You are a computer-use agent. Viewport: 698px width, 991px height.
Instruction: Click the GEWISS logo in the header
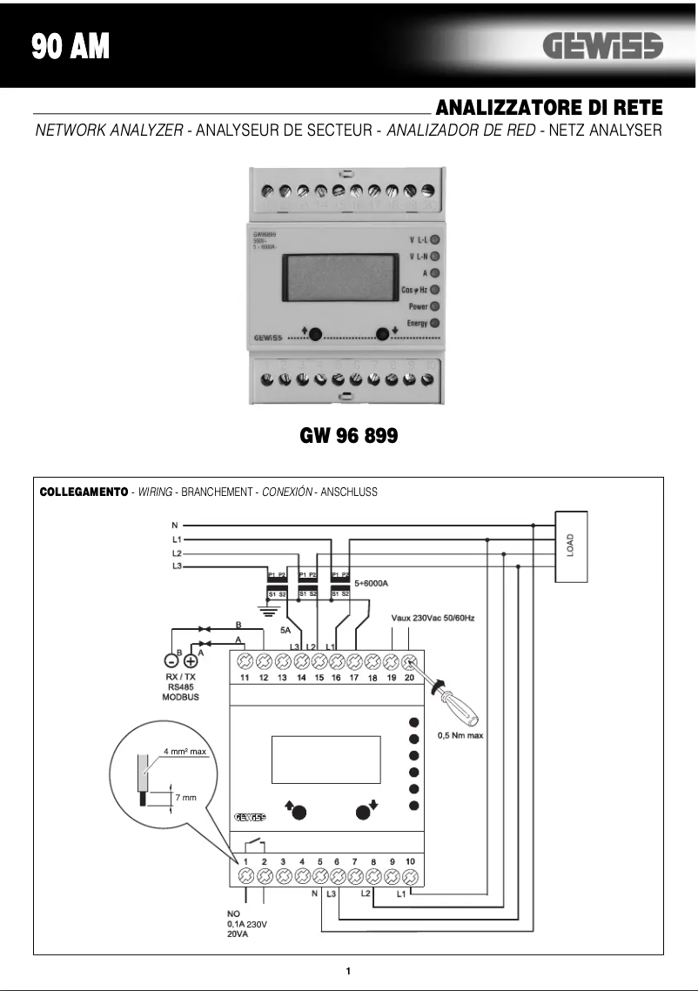602,46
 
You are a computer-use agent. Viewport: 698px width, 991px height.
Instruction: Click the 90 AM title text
70,46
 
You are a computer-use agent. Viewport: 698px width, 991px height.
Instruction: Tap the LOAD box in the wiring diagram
570,546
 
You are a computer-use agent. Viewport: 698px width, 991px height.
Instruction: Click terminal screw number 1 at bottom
246,875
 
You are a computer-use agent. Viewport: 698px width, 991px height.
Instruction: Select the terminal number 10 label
410,860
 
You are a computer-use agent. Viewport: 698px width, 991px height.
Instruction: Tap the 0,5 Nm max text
460,735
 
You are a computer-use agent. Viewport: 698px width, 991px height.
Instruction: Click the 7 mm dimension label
185,797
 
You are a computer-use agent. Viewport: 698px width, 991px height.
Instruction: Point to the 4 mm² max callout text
184,750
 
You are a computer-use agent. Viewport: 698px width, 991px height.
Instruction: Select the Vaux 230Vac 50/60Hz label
433,618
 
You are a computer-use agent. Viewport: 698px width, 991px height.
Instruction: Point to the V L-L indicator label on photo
417,238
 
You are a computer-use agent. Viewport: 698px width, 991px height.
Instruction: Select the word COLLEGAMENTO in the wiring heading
84,492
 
